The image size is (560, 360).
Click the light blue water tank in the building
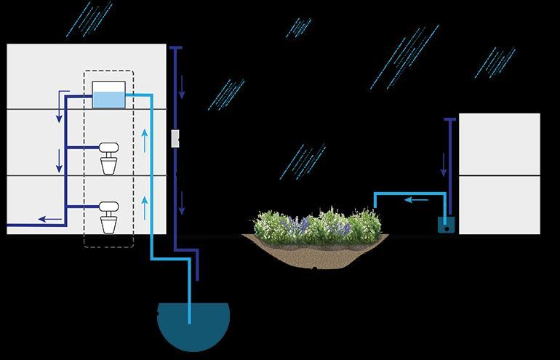pos(109,96)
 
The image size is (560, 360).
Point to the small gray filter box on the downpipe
pos(175,138)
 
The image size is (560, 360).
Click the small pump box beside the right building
pos(446,225)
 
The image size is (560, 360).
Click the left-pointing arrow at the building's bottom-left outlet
pos(49,217)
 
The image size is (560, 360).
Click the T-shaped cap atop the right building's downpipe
pos(450,119)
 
